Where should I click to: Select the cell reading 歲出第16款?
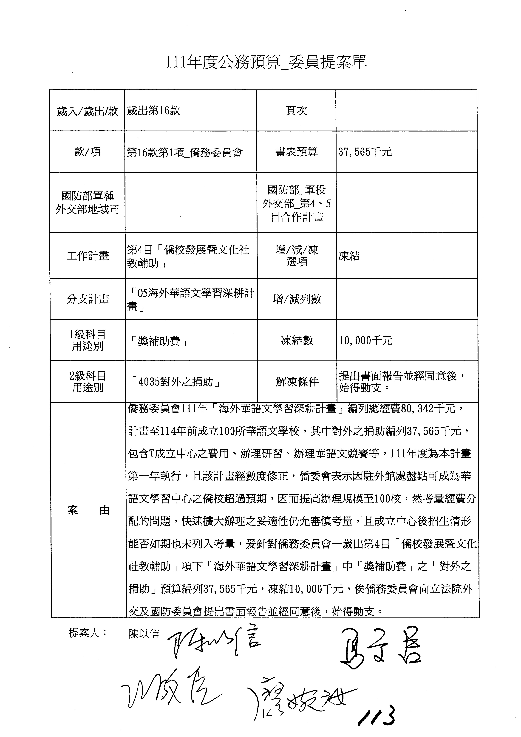153,111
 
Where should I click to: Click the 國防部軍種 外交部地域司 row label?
87,203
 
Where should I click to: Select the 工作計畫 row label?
88,256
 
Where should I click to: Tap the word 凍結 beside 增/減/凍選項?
349,256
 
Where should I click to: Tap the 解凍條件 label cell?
297,382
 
